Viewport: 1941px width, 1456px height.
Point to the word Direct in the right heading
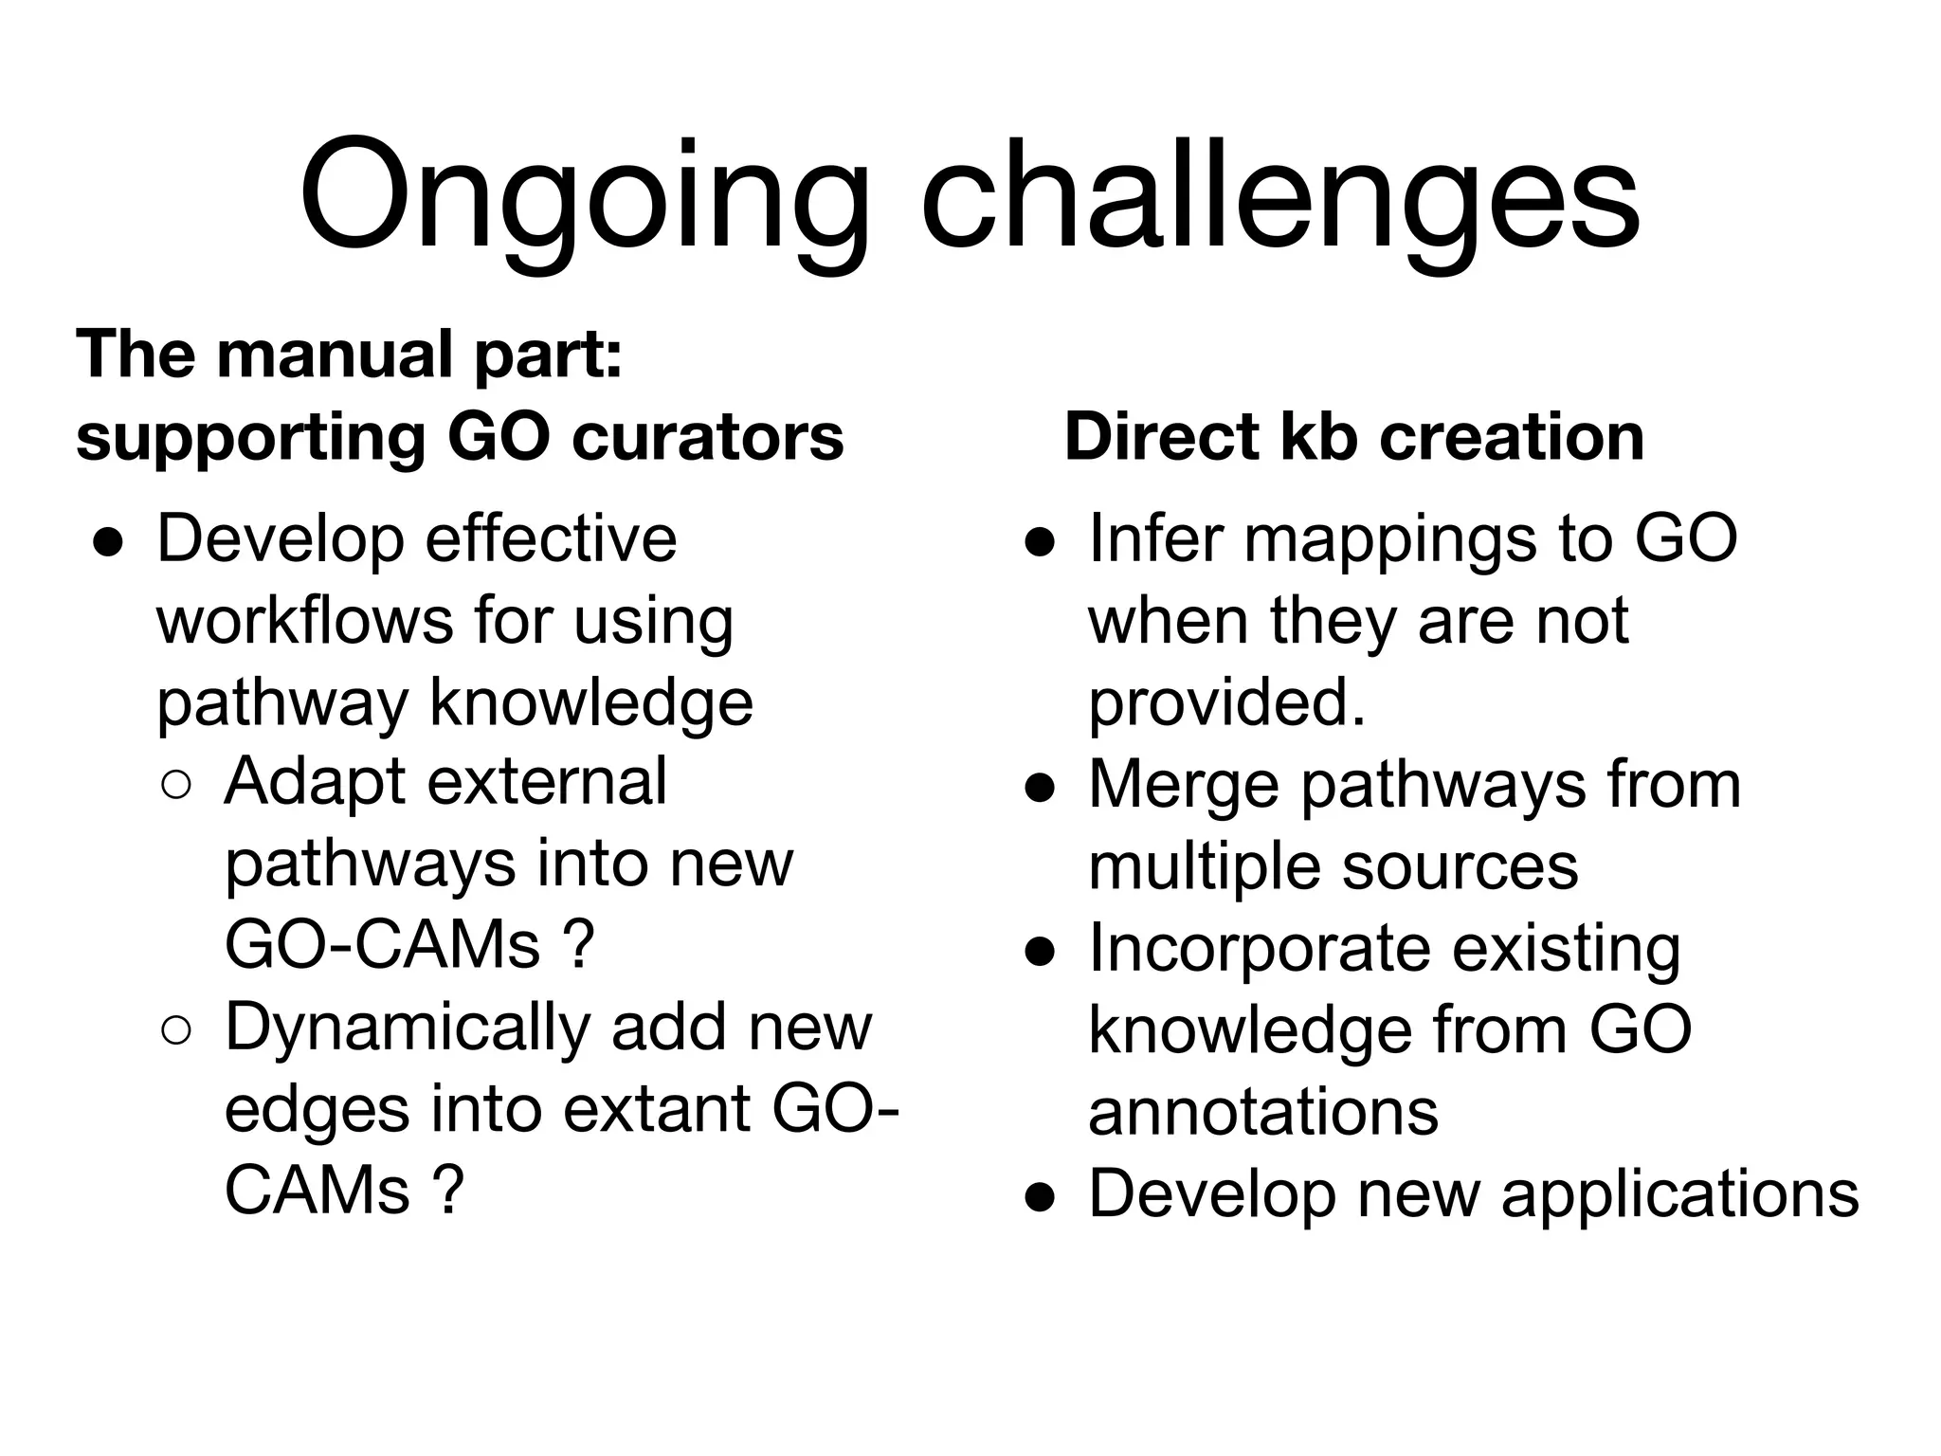click(x=1162, y=437)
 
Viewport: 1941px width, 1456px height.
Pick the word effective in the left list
click(x=551, y=538)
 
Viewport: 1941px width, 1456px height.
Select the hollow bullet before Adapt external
click(x=177, y=786)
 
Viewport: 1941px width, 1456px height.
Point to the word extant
click(x=662, y=1109)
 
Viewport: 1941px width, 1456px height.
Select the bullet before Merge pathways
click(x=1040, y=789)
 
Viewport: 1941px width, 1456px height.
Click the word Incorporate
click(x=1261, y=948)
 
